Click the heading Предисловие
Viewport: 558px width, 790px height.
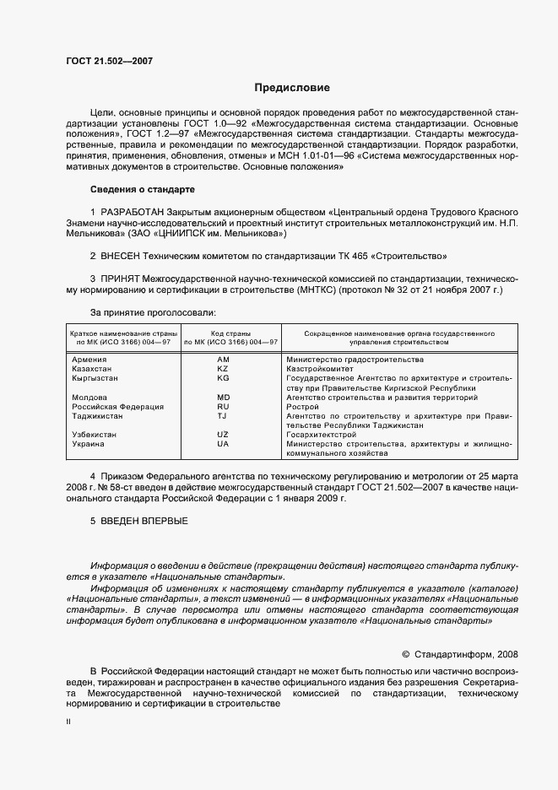tap(292, 88)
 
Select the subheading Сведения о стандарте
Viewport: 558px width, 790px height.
tap(142, 189)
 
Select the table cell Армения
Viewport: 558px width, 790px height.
tap(89, 360)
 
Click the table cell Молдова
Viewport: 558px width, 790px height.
tap(89, 397)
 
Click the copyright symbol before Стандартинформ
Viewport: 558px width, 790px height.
tap(405, 653)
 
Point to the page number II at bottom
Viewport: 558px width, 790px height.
tap(68, 723)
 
